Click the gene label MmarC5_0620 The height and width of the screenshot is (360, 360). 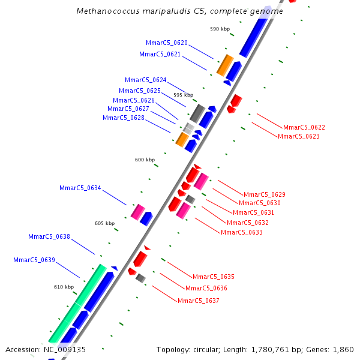(167, 43)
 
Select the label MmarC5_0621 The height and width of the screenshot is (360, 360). (160, 54)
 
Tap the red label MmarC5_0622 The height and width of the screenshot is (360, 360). (304, 127)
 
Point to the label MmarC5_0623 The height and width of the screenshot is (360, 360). (299, 136)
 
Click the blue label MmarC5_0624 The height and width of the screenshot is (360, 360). (146, 80)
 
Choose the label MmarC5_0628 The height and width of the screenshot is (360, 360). (124, 118)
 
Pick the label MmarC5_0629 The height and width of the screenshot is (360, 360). (265, 194)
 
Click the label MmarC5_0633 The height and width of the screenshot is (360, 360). (242, 232)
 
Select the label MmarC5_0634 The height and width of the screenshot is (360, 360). (80, 188)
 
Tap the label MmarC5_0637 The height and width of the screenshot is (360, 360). (199, 300)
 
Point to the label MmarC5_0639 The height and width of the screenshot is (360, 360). (34, 260)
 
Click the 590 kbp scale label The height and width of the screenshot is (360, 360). (220, 29)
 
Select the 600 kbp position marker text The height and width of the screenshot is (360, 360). (145, 160)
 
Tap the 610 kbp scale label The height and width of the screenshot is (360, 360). (64, 287)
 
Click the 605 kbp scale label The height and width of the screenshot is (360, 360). (104, 223)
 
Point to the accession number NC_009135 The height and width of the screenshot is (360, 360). (65, 349)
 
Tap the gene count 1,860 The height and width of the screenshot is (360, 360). (343, 349)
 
